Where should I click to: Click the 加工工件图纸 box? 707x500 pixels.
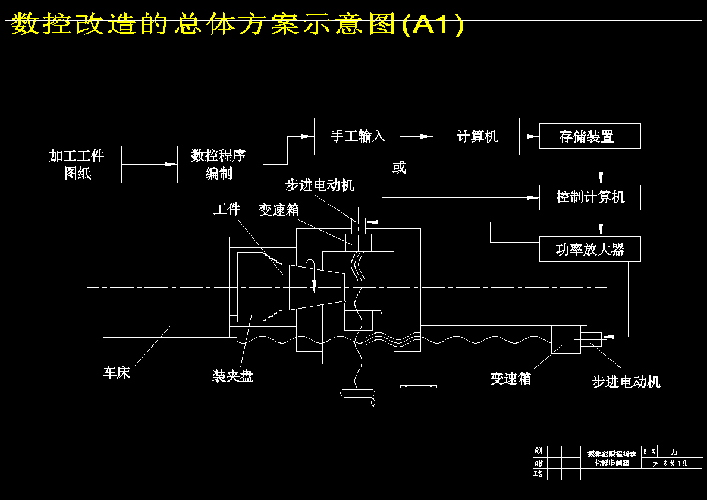(78, 164)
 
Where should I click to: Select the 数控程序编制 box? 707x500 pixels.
(220, 164)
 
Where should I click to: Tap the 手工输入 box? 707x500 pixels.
(357, 136)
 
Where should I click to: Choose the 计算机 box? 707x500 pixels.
(476, 136)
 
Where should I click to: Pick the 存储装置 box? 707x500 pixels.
(589, 136)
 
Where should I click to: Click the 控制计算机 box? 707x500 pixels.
(589, 197)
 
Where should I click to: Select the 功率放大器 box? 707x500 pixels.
(589, 249)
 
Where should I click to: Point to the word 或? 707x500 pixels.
(399, 168)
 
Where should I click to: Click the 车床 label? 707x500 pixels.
(117, 373)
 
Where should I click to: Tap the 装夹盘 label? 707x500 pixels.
(233, 376)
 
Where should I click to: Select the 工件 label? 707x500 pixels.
(227, 209)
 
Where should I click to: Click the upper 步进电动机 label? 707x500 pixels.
(319, 185)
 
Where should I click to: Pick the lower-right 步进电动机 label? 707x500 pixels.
(626, 382)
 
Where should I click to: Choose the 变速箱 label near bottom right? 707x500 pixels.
(510, 379)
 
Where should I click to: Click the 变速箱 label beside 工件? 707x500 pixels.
(278, 210)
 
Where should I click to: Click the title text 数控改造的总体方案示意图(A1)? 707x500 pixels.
(237, 24)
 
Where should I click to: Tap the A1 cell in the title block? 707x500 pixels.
(674, 452)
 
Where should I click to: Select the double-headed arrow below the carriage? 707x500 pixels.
(419, 386)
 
